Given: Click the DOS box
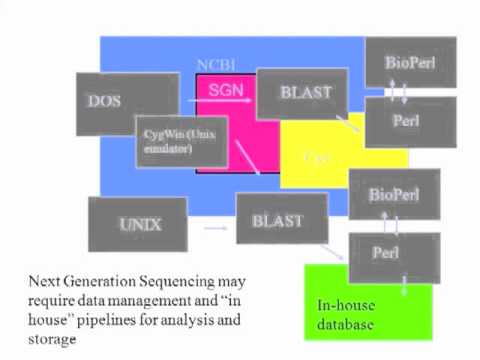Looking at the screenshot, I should click(x=106, y=102).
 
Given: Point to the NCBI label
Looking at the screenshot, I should click(x=214, y=63).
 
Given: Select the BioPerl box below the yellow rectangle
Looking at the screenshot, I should click(x=393, y=194).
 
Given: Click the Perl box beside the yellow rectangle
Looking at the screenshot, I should click(x=410, y=121).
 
